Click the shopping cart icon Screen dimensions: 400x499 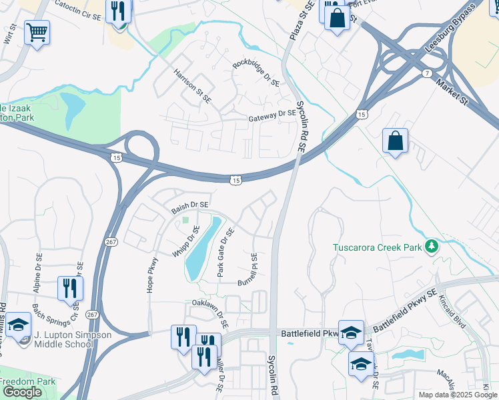tap(37, 31)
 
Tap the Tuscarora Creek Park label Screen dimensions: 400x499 tap(378, 248)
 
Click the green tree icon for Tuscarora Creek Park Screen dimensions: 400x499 tap(432, 247)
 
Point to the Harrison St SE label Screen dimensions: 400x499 tap(192, 86)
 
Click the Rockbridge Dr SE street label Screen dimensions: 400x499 tap(256, 74)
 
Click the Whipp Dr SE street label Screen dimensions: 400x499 tap(192, 243)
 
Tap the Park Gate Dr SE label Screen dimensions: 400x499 tap(225, 253)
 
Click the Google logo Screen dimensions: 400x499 tap(22, 393)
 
